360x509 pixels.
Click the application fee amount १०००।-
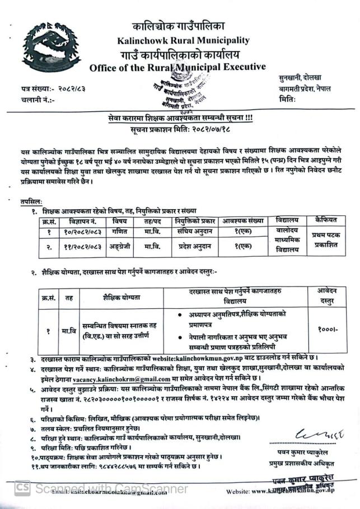point(325,330)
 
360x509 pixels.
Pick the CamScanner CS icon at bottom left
point(22,488)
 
